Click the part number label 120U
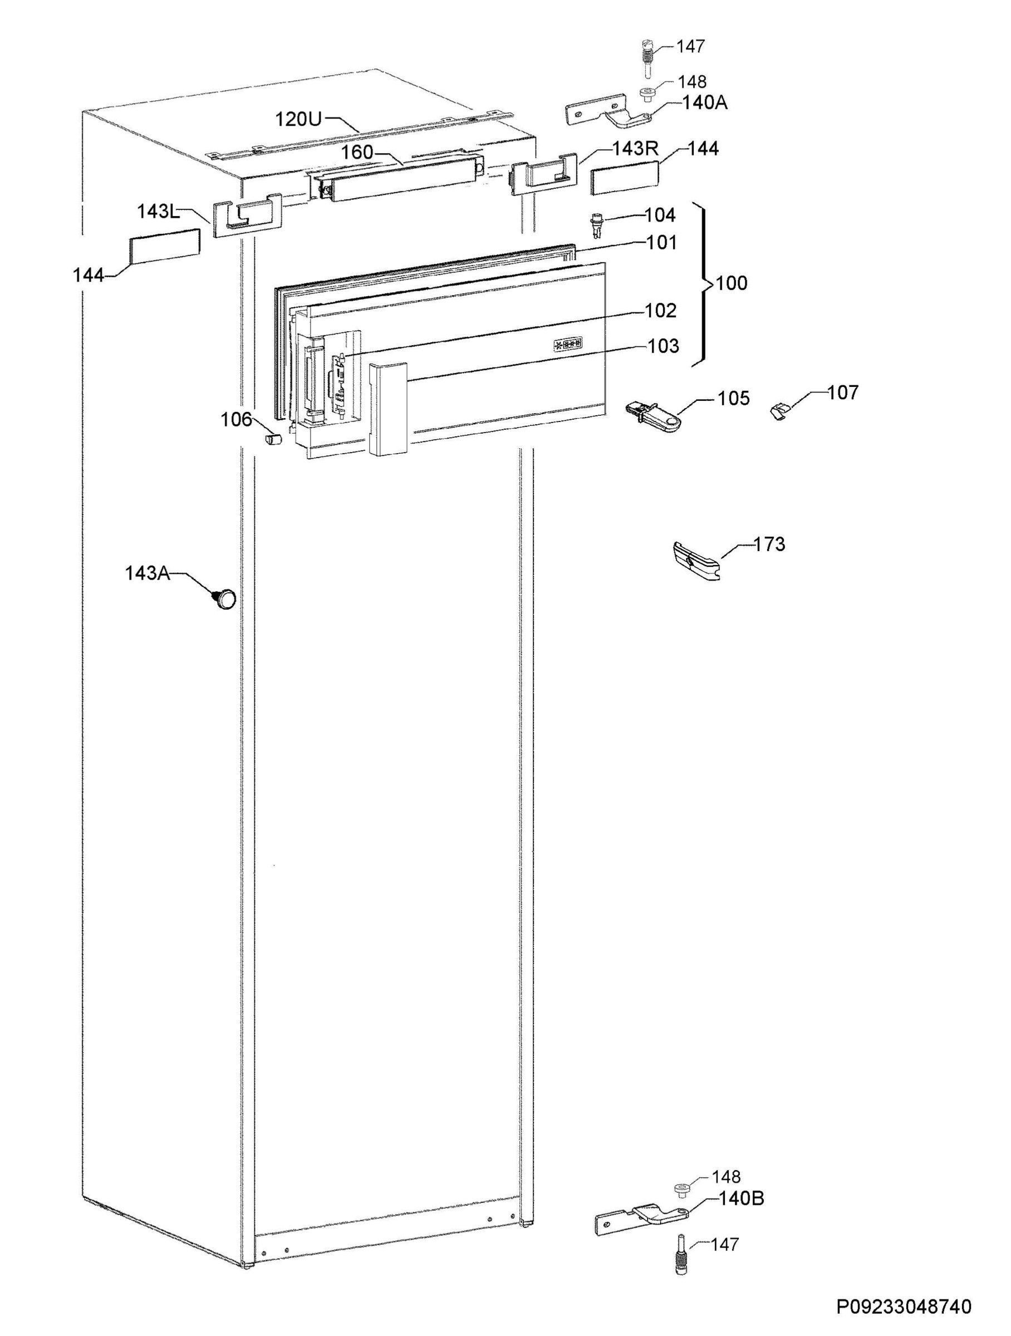298,119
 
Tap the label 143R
635,149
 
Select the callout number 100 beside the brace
732,283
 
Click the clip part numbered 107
781,413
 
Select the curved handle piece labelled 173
697,561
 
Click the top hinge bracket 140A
609,112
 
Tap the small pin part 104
597,225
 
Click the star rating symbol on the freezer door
568,344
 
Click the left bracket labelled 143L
246,215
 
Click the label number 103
663,346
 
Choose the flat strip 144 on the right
624,180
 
